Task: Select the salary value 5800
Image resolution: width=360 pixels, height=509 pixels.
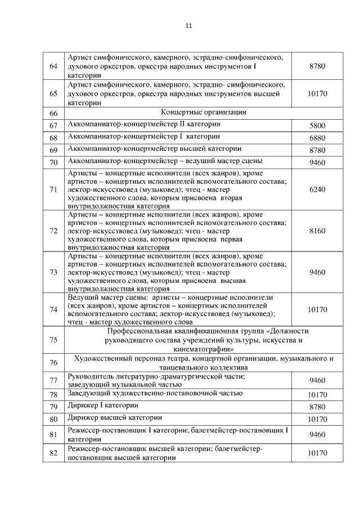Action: [317, 125]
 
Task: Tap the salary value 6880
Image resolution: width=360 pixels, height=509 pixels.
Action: [317, 138]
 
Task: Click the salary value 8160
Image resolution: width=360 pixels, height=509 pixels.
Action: [317, 231]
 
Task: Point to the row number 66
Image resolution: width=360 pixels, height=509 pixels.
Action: [54, 112]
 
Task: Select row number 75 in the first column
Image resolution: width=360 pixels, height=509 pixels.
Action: [54, 340]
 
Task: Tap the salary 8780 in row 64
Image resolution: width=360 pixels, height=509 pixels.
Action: [317, 66]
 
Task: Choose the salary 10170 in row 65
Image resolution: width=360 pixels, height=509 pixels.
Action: [317, 93]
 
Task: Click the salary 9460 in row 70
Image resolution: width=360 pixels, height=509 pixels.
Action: [317, 163]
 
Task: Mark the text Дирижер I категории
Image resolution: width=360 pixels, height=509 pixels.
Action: [102, 406]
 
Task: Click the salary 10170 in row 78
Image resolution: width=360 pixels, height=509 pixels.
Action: [317, 394]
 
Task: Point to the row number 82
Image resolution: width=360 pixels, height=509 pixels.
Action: [54, 453]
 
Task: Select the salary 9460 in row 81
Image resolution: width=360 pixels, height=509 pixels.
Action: [317, 434]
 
